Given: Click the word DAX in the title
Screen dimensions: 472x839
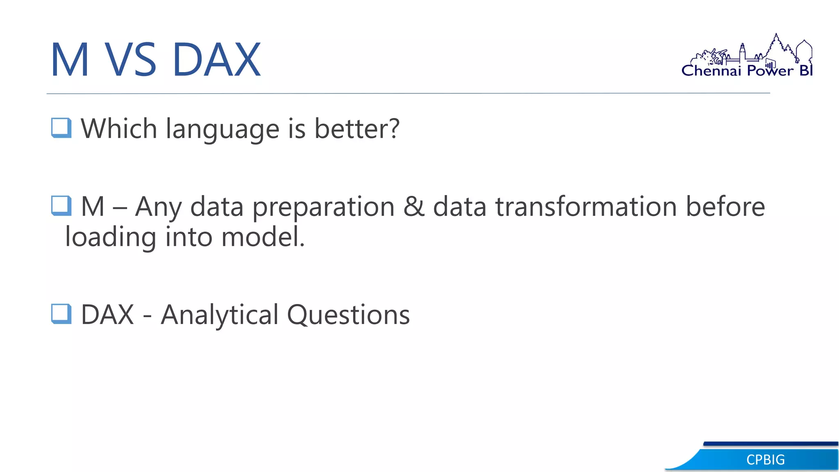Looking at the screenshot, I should point(216,60).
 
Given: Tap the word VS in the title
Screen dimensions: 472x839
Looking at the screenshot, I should point(130,60).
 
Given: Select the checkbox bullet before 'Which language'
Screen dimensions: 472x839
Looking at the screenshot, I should point(61,128).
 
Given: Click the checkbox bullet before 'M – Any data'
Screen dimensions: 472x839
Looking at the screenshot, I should point(61,206).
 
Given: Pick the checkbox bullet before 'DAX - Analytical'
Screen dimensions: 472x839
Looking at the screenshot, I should point(61,314).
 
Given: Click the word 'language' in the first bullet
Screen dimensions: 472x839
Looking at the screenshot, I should point(223,129).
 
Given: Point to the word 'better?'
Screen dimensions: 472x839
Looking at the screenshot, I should point(356,129).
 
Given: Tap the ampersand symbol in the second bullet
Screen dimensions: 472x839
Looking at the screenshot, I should point(414,206).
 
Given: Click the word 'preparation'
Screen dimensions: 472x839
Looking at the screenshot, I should point(323,207).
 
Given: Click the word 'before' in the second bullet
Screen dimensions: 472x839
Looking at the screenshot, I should point(725,206).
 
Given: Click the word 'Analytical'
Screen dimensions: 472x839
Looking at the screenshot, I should point(220,315).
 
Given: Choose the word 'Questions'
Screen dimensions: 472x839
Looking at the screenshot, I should point(348,315).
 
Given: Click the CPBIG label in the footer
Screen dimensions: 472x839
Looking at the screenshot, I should point(765,460).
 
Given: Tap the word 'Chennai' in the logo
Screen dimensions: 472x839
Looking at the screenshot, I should point(711,71).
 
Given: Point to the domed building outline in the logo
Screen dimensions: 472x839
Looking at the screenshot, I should point(804,51).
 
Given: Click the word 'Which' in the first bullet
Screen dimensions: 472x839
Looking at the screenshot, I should point(119,129).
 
